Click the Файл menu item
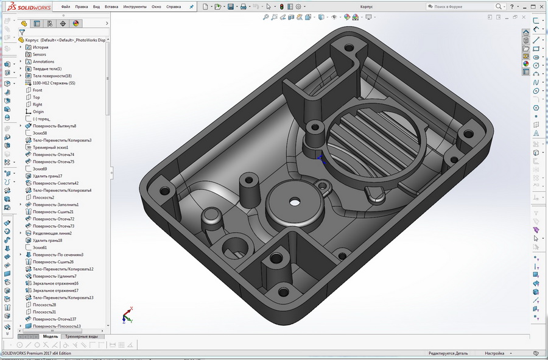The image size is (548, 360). pos(66,7)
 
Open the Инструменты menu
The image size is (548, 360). pos(135,7)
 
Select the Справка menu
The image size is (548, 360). pos(174,7)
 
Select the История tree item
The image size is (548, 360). pos(40,47)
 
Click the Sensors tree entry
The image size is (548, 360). pos(39,54)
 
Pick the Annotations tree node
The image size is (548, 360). pos(43,62)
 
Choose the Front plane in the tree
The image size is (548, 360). pos(37,90)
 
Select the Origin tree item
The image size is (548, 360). pos(38,111)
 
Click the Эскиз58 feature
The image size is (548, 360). pos(40,133)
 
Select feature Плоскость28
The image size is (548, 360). pos(44,305)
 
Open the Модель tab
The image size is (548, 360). pos(50,336)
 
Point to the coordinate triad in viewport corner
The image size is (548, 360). pos(126,314)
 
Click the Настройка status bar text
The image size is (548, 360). pos(494,353)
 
